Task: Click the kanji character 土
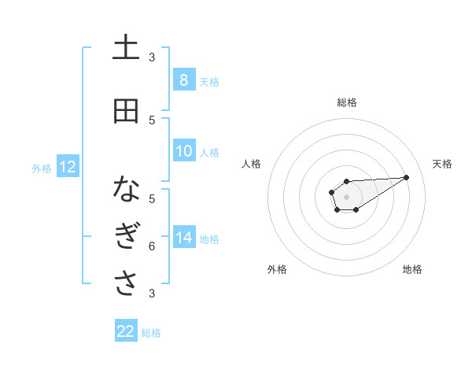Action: [126, 49]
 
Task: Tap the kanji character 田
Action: [126, 111]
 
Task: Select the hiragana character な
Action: [126, 190]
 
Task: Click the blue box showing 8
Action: [183, 80]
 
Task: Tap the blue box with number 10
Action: [183, 152]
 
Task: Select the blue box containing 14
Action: [183, 238]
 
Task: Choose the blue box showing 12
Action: [67, 167]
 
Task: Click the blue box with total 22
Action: [126, 331]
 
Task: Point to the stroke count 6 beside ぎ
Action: [152, 246]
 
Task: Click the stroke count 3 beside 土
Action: [152, 57]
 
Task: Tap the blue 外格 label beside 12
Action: [41, 168]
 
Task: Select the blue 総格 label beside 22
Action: [151, 333]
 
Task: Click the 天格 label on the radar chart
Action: [443, 164]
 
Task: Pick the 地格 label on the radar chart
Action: [412, 269]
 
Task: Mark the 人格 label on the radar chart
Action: [251, 164]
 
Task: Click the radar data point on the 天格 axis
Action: [407, 176]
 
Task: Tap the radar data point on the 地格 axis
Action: [356, 209]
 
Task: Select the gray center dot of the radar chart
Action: [346, 196]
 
